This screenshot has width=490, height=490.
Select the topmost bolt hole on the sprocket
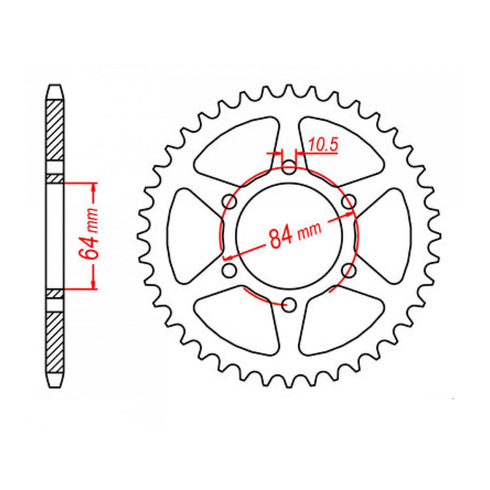tap(289, 168)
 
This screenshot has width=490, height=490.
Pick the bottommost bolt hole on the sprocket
tap(289, 304)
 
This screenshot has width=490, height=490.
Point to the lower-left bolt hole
tap(229, 270)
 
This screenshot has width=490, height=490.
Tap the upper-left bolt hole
tap(229, 201)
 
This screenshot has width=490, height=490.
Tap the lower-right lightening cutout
tap(339, 323)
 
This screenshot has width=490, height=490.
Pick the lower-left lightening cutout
tap(237, 322)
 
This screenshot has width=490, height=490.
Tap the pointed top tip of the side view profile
tap(55, 85)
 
